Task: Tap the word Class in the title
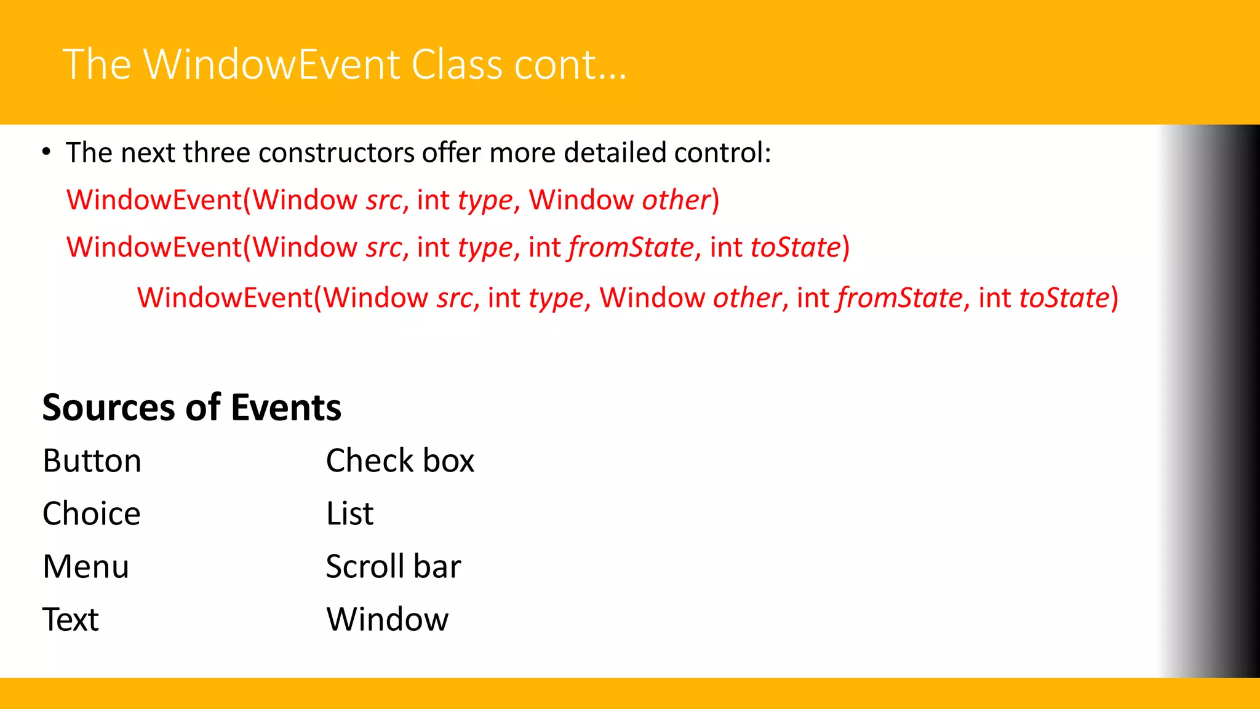point(457,65)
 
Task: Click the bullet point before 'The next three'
point(47,152)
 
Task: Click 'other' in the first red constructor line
point(676,200)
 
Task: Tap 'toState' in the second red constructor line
point(795,247)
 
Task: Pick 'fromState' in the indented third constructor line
point(899,298)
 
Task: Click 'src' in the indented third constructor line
point(455,298)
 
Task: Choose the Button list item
point(92,461)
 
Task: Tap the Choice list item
point(92,514)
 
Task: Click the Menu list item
point(86,567)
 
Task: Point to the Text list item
point(71,620)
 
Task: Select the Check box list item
point(400,461)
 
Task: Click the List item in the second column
point(349,514)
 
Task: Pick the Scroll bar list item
point(393,567)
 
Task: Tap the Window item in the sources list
point(388,620)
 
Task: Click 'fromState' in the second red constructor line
point(632,247)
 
